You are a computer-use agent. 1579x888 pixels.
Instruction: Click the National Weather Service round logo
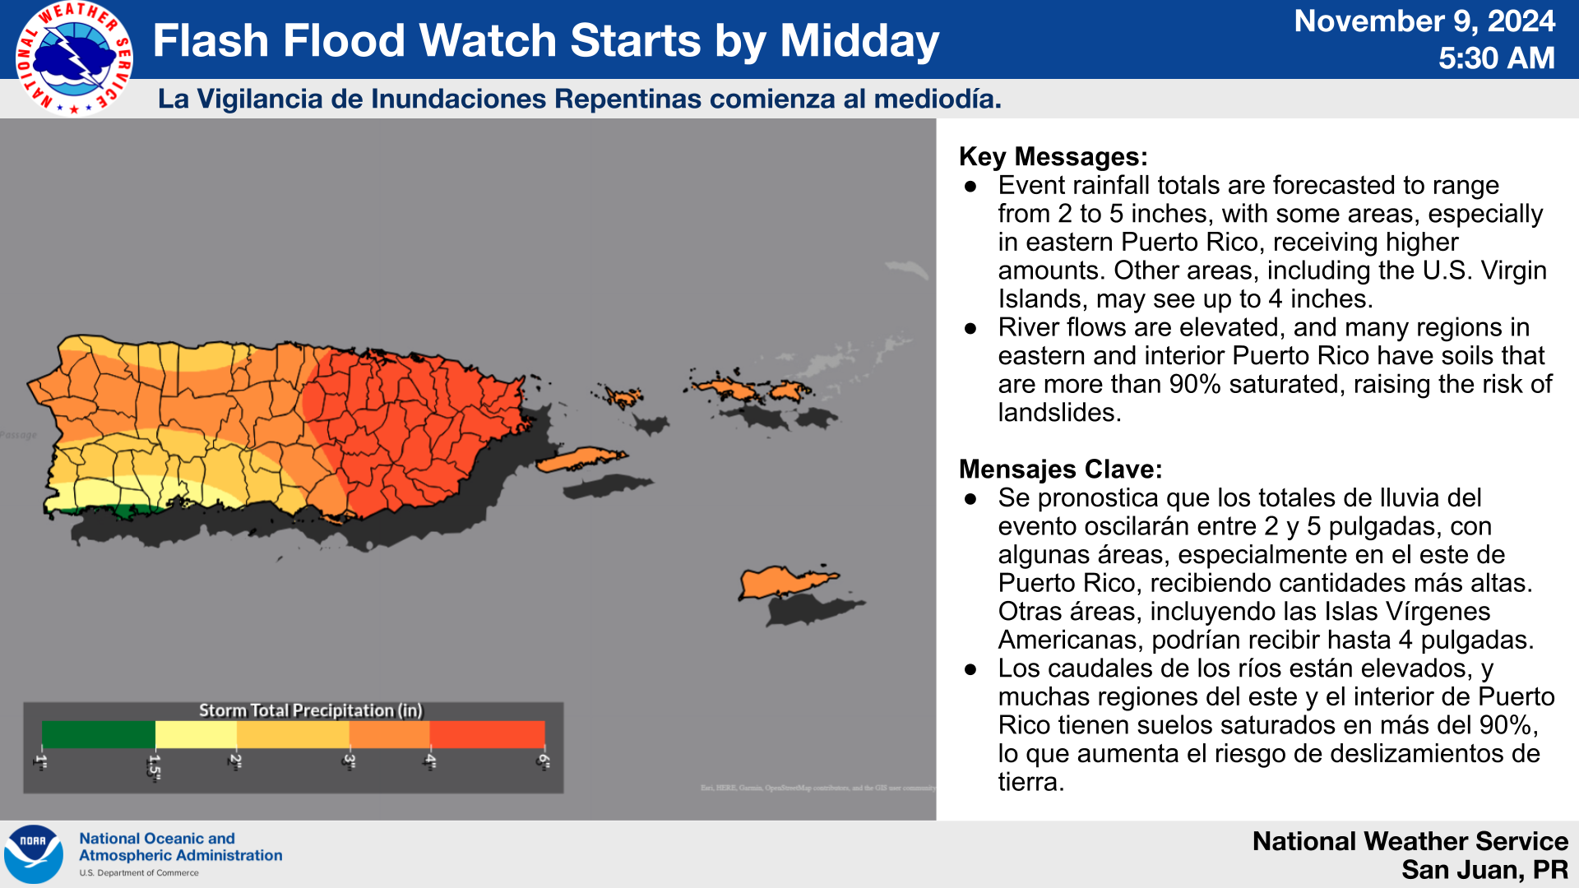click(x=74, y=58)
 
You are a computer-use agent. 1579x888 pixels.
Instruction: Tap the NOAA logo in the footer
click(x=34, y=854)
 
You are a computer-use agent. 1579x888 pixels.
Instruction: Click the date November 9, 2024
click(x=1424, y=21)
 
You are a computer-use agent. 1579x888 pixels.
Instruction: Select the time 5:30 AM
click(x=1497, y=58)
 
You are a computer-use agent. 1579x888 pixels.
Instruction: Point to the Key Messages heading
click(x=1053, y=156)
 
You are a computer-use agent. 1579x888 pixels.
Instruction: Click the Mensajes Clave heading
click(x=1060, y=469)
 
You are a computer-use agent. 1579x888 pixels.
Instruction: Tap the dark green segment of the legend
click(x=98, y=733)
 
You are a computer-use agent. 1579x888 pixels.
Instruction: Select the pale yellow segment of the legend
click(x=196, y=733)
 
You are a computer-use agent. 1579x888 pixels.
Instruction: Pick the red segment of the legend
click(x=487, y=733)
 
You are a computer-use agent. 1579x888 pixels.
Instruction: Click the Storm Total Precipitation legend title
click(x=310, y=710)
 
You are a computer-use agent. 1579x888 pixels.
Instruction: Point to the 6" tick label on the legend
click(x=543, y=761)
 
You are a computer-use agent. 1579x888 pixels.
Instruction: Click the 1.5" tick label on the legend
click(x=154, y=765)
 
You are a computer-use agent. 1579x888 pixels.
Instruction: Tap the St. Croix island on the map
click(x=785, y=582)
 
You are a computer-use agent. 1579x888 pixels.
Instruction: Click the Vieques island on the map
click(x=580, y=459)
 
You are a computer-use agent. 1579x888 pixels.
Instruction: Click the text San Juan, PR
click(x=1484, y=869)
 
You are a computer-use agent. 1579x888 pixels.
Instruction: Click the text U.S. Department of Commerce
click(x=139, y=873)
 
